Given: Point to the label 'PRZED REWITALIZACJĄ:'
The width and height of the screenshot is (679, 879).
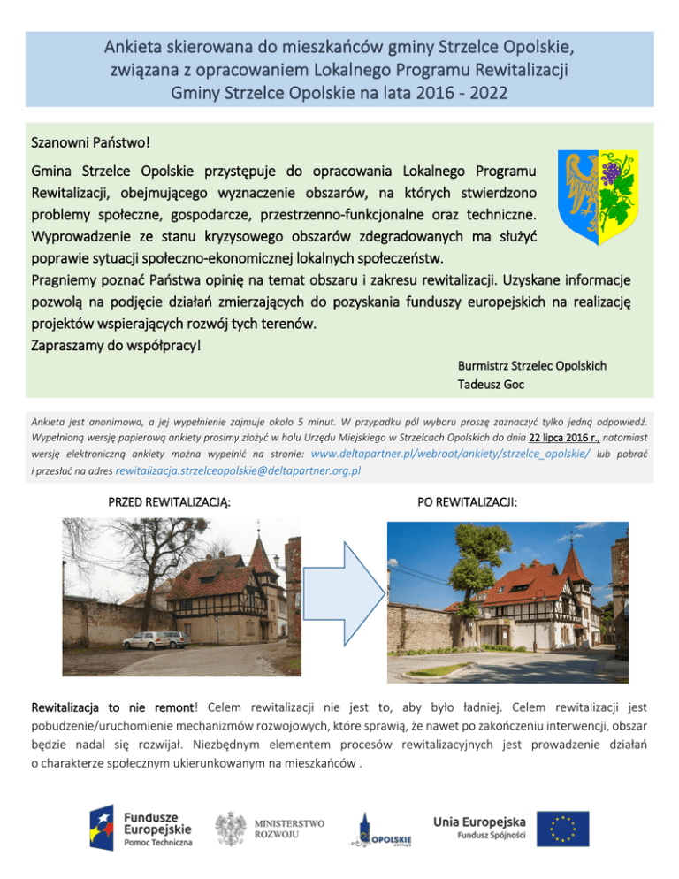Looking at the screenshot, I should coord(170,502).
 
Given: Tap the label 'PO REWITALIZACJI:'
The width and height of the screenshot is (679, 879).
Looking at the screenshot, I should coord(468,501).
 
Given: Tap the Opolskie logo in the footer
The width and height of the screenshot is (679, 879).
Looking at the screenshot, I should coord(379,831).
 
